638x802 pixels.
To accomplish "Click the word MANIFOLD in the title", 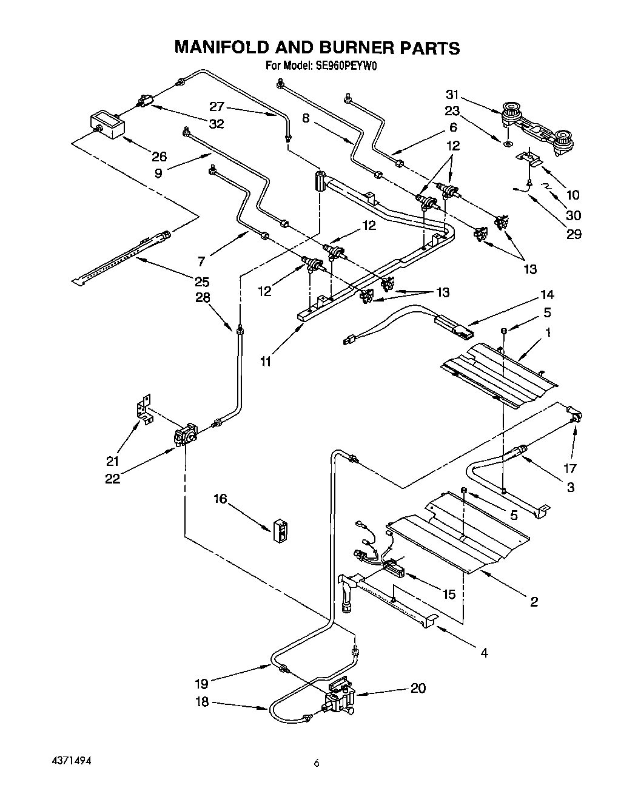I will click(x=226, y=48).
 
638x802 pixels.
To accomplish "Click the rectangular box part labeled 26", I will click(x=107, y=124).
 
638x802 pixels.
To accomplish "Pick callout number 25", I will click(x=201, y=281).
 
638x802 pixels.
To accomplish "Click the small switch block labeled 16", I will click(x=281, y=529).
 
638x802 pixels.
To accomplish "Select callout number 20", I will click(x=418, y=688).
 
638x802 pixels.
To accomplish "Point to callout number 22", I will click(x=112, y=478).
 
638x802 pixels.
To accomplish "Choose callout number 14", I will click(x=547, y=295).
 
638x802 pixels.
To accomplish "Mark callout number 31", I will click(x=452, y=95).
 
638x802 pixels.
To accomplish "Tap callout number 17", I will click(x=569, y=468).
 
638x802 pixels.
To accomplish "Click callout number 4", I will click(x=483, y=653).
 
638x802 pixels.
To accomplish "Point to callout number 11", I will click(x=265, y=362).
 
